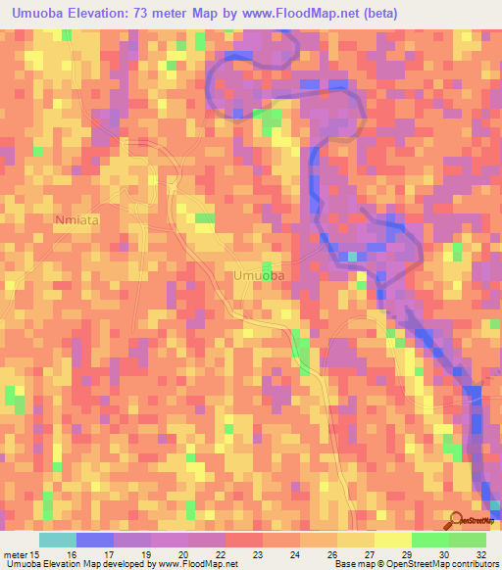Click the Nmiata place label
77,221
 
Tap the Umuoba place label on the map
260,276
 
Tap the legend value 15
36,555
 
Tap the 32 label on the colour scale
480,555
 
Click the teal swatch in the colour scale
57,540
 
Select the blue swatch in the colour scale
94,540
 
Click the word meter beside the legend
16,555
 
